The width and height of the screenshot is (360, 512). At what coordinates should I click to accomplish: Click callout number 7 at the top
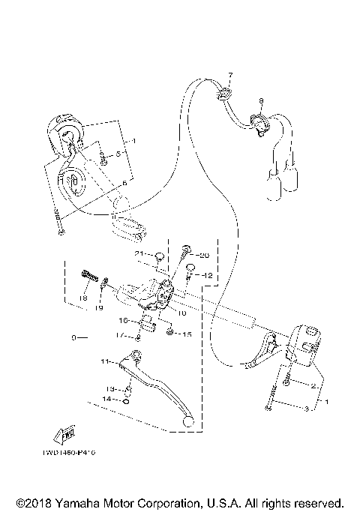click(x=231, y=76)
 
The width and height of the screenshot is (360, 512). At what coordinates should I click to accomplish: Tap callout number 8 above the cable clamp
click(x=261, y=100)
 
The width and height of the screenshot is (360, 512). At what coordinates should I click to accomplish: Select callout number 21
click(x=139, y=255)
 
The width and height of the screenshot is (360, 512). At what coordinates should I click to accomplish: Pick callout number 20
click(x=204, y=256)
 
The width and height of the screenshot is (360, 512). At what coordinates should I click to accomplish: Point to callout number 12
click(x=208, y=276)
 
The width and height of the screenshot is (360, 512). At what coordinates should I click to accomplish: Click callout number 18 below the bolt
click(x=82, y=298)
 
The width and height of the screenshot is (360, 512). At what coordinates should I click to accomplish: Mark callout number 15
click(x=187, y=334)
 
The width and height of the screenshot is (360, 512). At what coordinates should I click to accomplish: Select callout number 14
click(x=107, y=400)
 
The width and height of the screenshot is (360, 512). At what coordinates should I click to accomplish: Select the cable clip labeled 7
click(x=224, y=92)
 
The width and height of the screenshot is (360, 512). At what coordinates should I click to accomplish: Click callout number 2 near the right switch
click(x=313, y=386)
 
